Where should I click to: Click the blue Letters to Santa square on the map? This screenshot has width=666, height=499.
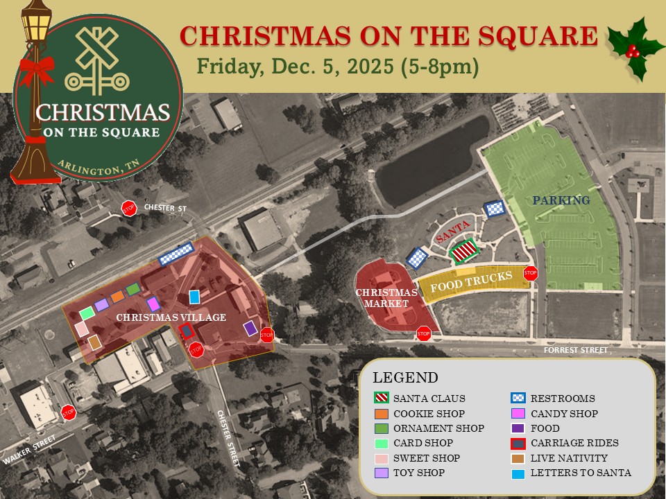(194, 297)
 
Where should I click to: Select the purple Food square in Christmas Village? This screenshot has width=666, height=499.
(250, 329)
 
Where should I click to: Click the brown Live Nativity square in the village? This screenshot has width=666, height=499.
(95, 342)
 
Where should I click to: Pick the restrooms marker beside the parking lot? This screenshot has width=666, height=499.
(494, 208)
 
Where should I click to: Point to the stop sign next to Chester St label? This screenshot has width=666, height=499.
(128, 208)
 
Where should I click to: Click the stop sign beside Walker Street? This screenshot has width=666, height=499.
(68, 412)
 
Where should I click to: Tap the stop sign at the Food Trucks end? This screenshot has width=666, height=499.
(531, 272)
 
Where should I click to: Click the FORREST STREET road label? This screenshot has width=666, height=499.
(575, 351)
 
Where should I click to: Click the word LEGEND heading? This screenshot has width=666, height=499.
(405, 378)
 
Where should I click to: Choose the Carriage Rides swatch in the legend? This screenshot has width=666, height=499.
(518, 443)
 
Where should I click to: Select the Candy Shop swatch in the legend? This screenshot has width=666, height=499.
(518, 414)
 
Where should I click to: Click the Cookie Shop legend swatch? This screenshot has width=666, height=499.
(380, 414)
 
